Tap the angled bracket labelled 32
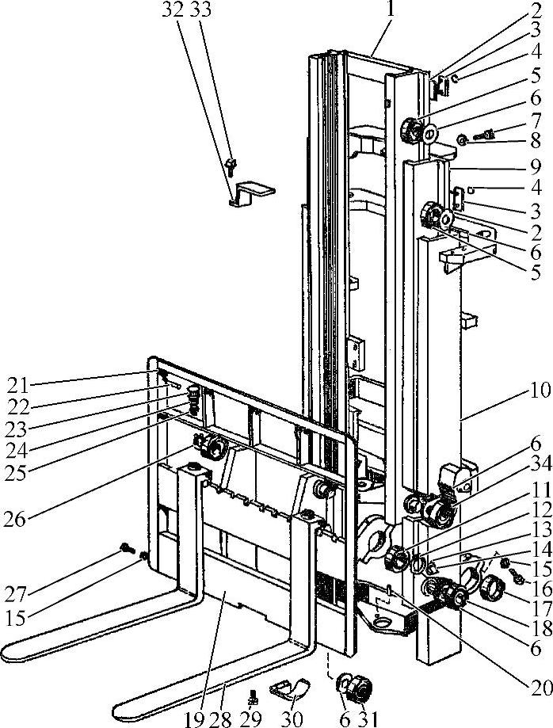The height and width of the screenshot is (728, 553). pos(252,192)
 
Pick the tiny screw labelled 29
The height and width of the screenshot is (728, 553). pos(254,697)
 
